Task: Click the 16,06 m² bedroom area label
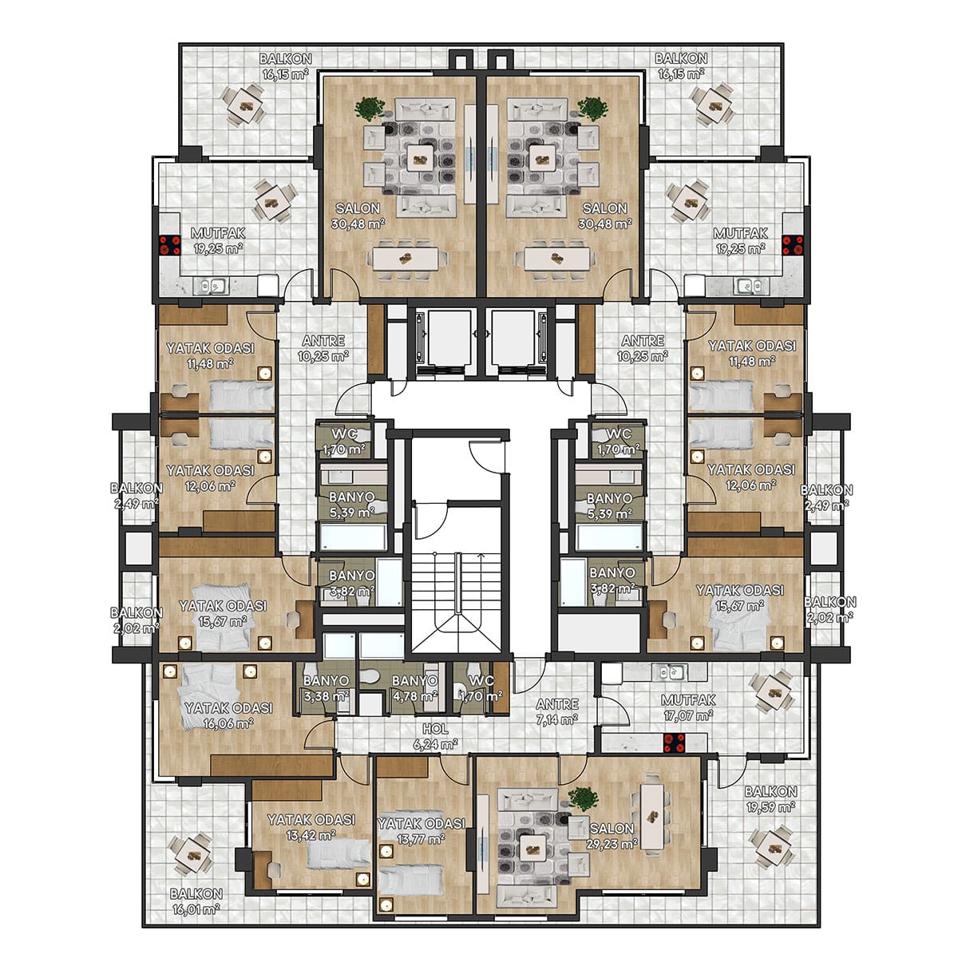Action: (x=228, y=715)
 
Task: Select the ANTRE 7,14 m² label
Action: (x=557, y=711)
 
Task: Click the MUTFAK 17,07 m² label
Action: (x=688, y=707)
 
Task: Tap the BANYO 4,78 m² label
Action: (x=414, y=688)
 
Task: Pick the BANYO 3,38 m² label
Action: (x=327, y=688)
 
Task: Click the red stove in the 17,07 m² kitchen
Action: (x=675, y=743)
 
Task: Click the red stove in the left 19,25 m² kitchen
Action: (x=170, y=245)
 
